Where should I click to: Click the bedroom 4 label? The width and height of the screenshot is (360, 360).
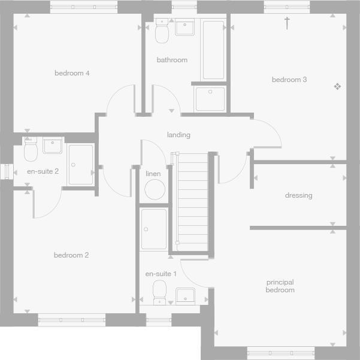(x=72, y=73)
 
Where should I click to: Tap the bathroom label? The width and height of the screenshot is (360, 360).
(x=172, y=60)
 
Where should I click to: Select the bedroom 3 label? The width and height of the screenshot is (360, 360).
(x=289, y=80)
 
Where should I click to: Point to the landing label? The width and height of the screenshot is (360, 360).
(x=179, y=135)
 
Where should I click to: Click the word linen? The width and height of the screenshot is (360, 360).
(x=153, y=174)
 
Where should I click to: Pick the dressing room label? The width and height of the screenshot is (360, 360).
(x=298, y=195)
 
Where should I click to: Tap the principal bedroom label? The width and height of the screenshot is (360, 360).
(x=280, y=286)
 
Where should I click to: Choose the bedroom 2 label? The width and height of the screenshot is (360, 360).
(x=71, y=255)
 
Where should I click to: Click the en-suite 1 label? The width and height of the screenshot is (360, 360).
(x=161, y=274)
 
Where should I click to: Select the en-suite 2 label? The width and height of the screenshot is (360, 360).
(x=43, y=171)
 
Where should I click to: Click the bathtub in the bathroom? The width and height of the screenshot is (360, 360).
(x=213, y=50)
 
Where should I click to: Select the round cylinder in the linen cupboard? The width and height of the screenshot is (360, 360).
(x=155, y=190)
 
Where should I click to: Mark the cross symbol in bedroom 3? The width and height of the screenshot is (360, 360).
(x=287, y=23)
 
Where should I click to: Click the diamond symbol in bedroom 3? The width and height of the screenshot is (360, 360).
(x=337, y=87)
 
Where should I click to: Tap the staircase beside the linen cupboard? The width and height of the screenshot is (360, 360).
(x=193, y=201)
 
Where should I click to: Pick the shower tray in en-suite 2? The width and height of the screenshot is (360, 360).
(x=80, y=164)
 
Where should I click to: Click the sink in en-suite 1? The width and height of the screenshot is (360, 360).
(x=185, y=295)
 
